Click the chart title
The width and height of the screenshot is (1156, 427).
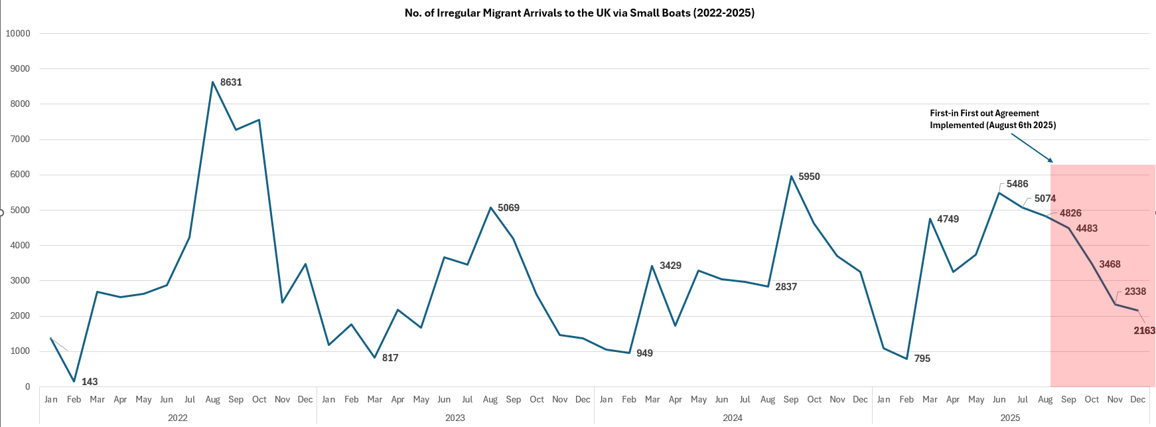pos(579,13)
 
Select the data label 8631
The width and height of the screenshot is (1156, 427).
pos(231,82)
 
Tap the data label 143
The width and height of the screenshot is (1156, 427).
pos(90,382)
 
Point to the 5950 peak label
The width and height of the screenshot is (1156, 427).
pos(809,177)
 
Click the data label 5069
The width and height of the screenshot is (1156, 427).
pos(508,208)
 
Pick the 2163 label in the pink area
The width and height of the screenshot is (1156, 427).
pos(1144,331)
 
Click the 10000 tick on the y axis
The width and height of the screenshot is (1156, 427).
pos(18,33)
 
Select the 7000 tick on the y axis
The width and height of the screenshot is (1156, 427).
pos(20,139)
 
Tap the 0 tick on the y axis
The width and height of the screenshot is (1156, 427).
pos(27,386)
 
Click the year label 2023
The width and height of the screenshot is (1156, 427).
pos(455,418)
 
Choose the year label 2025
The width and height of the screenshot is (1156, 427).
pos(1010,418)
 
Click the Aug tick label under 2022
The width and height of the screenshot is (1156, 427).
pos(212,399)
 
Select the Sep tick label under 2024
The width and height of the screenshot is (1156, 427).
pos(791,399)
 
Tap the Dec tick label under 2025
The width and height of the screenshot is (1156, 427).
pos(1137,399)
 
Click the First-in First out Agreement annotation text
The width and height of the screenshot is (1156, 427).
pos(992,119)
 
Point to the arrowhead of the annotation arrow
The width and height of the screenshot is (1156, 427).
pos(1051,161)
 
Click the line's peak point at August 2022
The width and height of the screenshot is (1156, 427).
pos(212,82)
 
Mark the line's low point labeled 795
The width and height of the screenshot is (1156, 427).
pos(906,359)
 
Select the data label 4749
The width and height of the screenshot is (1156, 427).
pos(948,219)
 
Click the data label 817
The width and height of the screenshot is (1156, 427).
pos(390,358)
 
